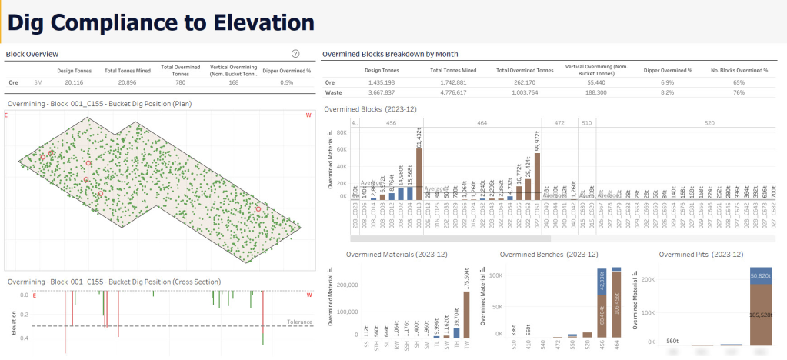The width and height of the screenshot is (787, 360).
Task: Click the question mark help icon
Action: coord(295,54)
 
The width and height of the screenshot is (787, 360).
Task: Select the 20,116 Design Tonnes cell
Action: coord(74,82)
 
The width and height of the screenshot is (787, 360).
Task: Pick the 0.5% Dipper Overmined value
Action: coord(287,82)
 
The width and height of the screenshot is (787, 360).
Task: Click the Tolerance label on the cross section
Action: coord(299,322)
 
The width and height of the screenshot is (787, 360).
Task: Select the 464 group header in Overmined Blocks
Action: coord(482,122)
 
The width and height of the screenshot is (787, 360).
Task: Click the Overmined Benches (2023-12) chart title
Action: coord(549,255)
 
